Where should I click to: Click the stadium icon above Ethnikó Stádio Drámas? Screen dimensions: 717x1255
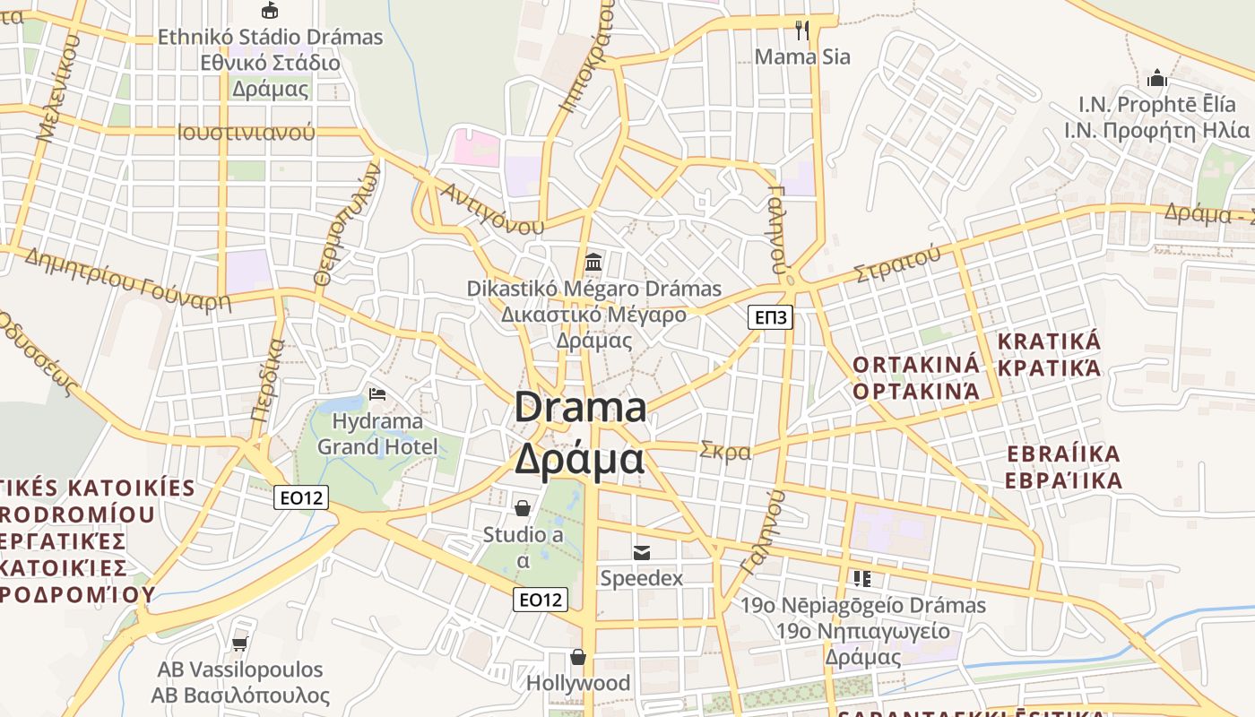click(x=269, y=10)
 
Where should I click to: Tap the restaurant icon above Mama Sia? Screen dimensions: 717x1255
click(x=802, y=30)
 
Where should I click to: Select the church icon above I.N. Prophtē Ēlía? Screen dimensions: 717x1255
click(x=1156, y=78)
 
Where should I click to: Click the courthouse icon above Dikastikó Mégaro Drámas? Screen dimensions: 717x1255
click(x=593, y=263)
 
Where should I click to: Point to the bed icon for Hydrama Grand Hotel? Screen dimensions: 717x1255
click(x=377, y=394)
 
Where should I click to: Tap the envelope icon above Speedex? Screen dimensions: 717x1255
click(x=642, y=552)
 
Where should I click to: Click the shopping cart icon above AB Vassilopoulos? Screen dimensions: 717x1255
click(x=239, y=644)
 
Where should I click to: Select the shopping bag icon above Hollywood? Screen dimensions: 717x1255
click(x=579, y=658)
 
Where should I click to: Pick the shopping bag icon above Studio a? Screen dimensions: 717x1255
click(x=523, y=509)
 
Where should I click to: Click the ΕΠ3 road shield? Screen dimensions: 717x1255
click(x=771, y=317)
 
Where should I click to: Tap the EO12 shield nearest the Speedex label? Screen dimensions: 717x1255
click(x=541, y=600)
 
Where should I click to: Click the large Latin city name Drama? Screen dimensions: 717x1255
click(x=580, y=408)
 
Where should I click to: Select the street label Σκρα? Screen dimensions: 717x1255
click(x=725, y=451)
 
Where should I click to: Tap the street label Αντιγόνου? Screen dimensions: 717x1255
click(x=492, y=207)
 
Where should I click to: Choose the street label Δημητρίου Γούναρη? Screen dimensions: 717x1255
click(x=127, y=279)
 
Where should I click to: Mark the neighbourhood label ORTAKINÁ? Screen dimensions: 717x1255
click(x=916, y=365)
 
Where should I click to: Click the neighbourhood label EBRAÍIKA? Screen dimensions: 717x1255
click(x=1064, y=454)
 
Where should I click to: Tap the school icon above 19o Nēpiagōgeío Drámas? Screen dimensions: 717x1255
click(x=862, y=579)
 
